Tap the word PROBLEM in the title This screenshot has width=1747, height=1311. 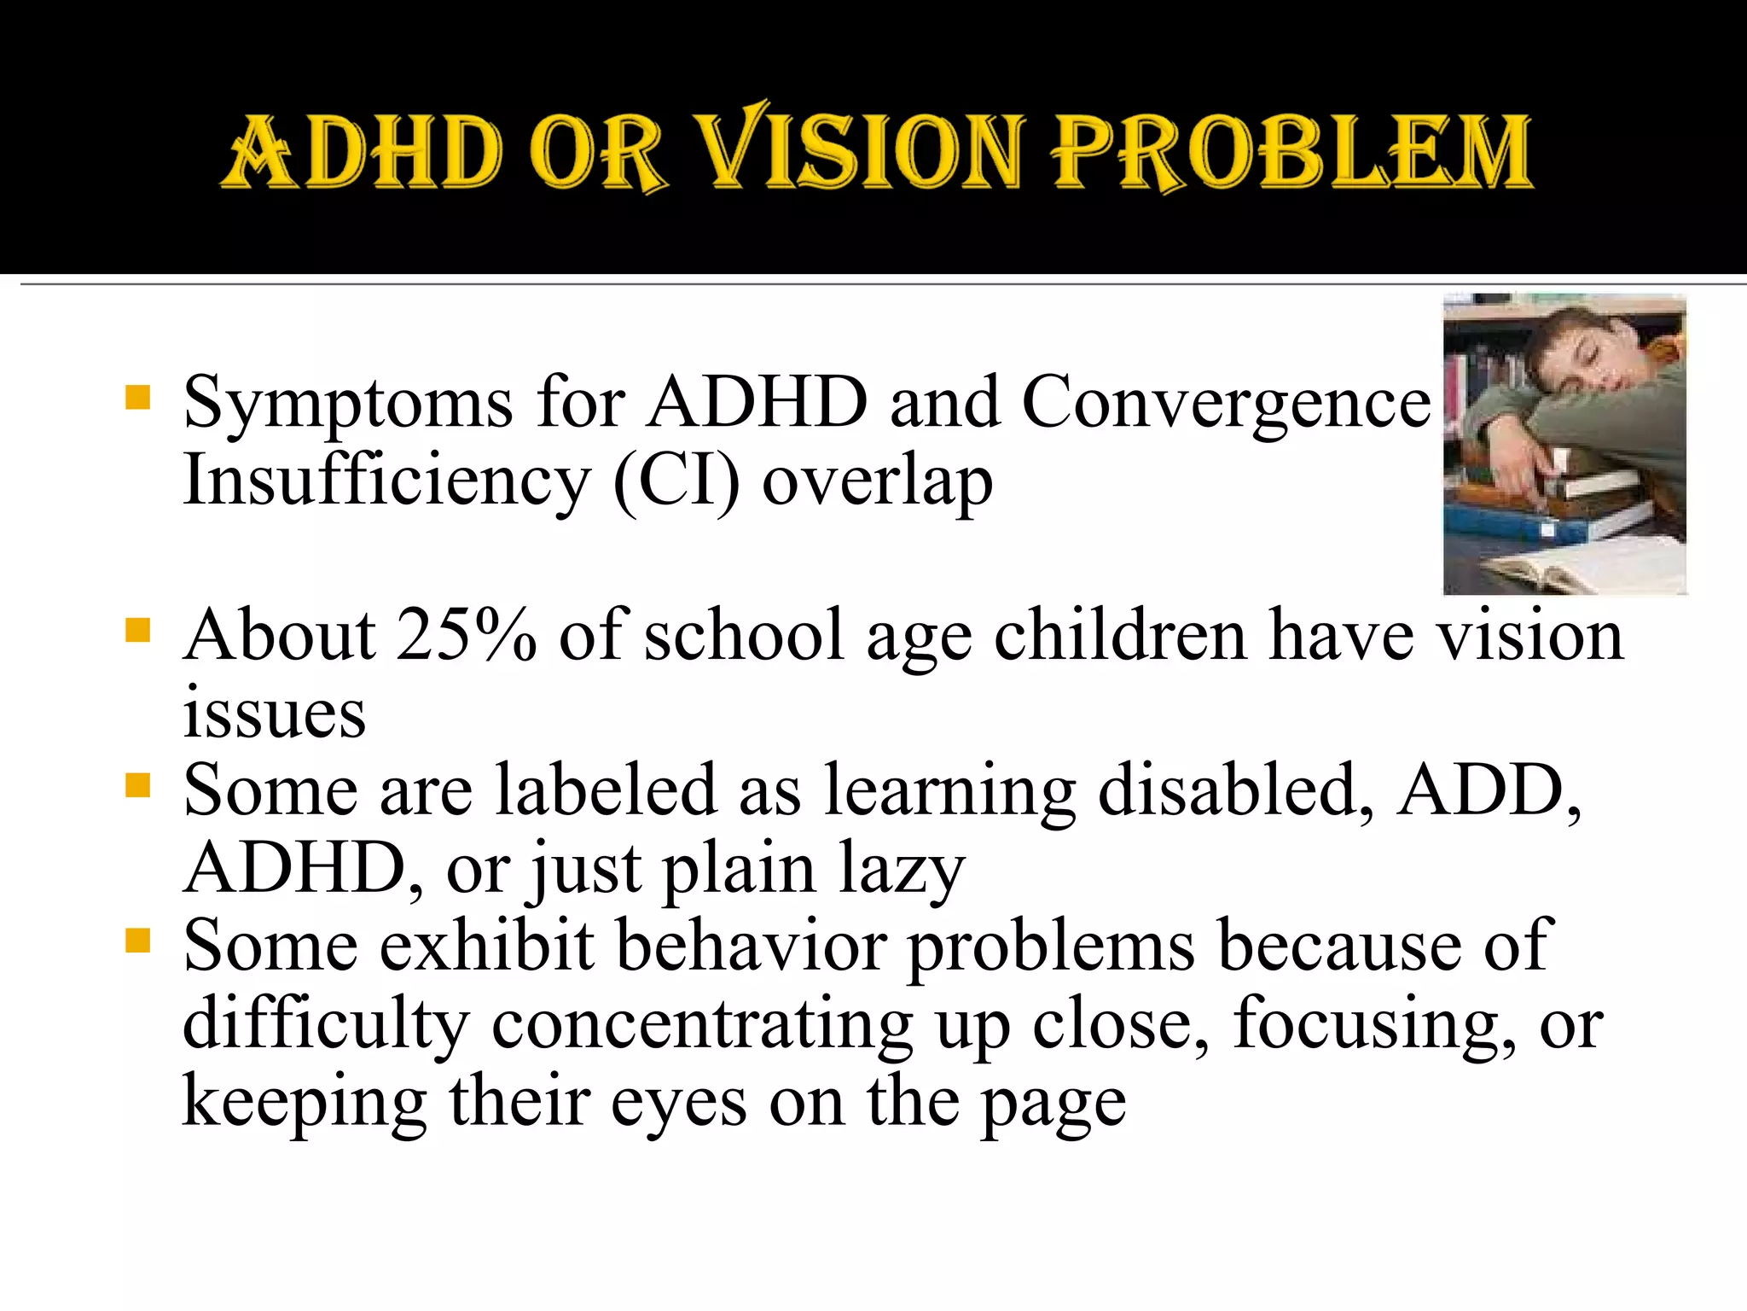[1291, 152]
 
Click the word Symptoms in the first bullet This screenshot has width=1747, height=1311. [348, 403]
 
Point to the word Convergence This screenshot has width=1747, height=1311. [1226, 403]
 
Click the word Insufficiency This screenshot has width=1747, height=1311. [386, 481]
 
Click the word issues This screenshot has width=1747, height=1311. [274, 714]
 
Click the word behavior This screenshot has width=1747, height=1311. [752, 946]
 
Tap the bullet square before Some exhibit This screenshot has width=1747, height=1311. [137, 941]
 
